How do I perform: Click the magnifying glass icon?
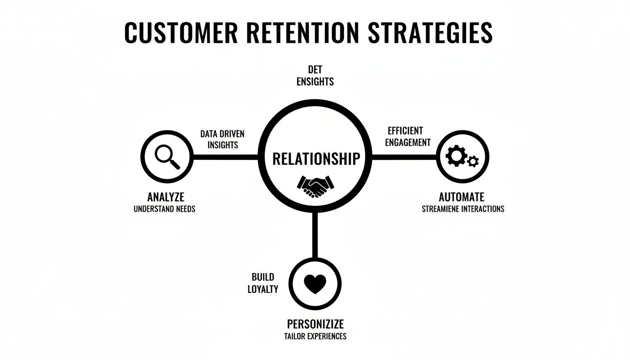click(x=167, y=157)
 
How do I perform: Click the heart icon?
click(x=315, y=284)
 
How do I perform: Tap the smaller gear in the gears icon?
click(x=473, y=161)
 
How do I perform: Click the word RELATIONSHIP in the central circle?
click(x=316, y=159)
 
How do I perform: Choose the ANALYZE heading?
click(x=165, y=196)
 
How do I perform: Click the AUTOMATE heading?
click(x=461, y=196)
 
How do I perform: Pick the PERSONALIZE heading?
click(x=315, y=324)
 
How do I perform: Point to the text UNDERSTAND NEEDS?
click(x=165, y=209)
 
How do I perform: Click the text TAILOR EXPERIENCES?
click(x=315, y=336)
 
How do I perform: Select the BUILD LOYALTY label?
click(x=262, y=283)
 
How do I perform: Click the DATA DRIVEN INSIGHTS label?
click(x=223, y=139)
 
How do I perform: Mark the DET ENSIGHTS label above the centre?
click(x=315, y=75)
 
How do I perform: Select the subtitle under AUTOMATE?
click(x=463, y=209)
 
